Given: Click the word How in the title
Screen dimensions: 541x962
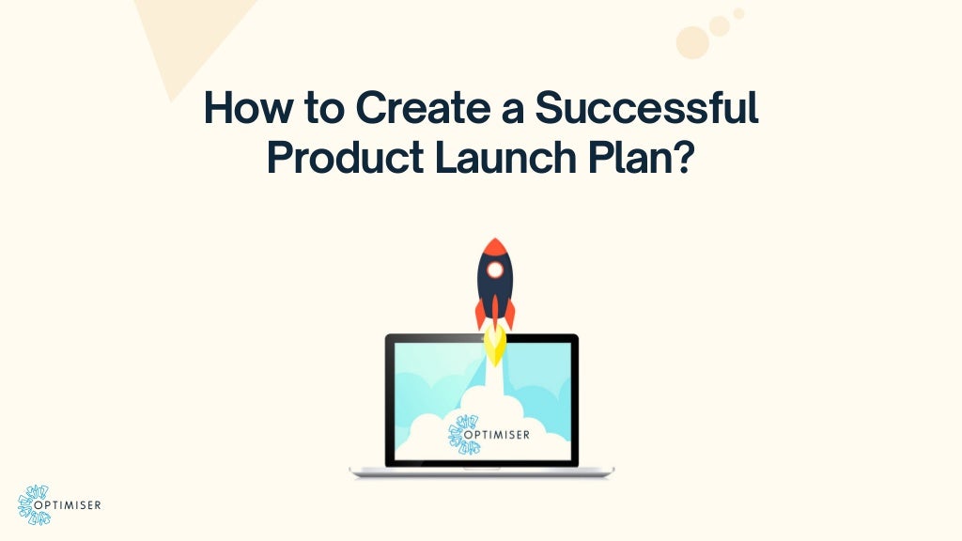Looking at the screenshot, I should point(238,110).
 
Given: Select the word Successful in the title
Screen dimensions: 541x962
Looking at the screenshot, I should point(646,110).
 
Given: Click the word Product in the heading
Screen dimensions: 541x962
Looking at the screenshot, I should point(345,158).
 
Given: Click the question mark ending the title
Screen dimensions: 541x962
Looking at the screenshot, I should point(684,158).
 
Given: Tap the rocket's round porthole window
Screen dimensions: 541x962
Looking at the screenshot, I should point(494,270).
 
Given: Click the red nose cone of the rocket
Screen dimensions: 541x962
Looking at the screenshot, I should point(494,248).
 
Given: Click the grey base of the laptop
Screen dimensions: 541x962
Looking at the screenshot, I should point(481,471).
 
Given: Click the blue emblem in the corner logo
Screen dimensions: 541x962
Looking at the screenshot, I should point(35,505).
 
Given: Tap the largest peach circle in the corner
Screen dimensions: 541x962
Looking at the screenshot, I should point(692,42).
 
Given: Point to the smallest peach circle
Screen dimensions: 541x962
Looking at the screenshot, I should point(739,14).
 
